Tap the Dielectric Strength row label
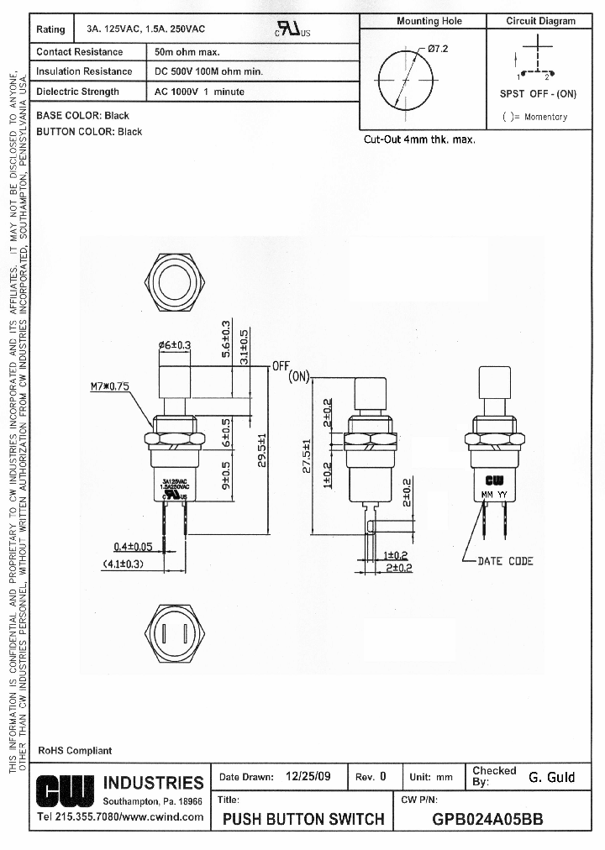point(78,92)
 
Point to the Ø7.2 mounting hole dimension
point(438,49)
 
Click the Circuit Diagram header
point(540,21)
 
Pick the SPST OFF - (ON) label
point(538,94)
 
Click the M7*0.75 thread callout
point(109,387)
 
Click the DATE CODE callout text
point(505,561)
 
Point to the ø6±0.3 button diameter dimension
point(174,344)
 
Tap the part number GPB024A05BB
point(487,819)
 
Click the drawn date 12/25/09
point(304,777)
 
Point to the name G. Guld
point(551,777)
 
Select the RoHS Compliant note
point(75,750)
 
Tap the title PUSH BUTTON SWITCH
point(303,819)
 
